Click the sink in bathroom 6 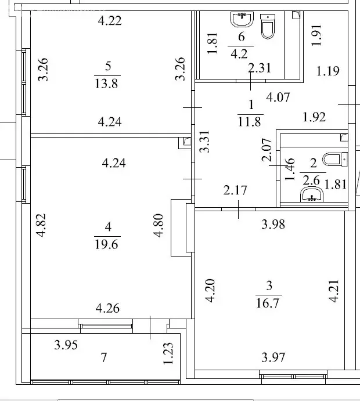point(242,20)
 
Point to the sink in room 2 point(313,194)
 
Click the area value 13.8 point(106,84)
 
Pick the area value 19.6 point(106,244)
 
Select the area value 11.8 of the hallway point(251,122)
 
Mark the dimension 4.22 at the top point(110,21)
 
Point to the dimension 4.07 point(278,98)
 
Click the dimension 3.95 point(66,346)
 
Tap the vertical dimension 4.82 point(40,226)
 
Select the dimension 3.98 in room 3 point(273,224)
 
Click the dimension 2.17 point(236,190)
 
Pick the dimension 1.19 point(327,71)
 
